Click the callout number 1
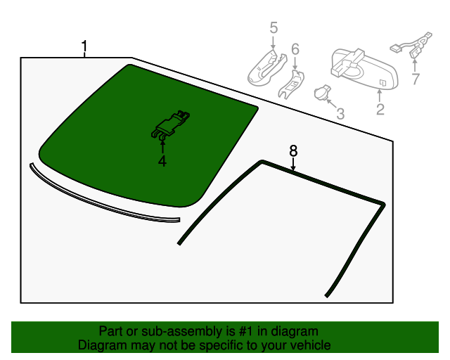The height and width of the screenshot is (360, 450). click(84, 46)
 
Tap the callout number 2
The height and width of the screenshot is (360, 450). click(380, 109)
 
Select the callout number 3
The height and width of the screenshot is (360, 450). click(340, 114)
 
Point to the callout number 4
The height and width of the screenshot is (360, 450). click(162, 161)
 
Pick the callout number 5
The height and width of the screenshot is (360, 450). click(274, 28)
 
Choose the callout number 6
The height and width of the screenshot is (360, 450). click(295, 49)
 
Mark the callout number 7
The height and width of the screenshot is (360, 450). click(416, 79)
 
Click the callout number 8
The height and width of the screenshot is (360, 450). click(293, 150)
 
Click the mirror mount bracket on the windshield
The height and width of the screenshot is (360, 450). click(170, 124)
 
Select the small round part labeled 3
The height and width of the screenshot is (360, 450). click(322, 93)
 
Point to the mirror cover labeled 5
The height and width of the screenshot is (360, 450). click(267, 67)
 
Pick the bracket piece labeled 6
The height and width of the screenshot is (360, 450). click(291, 84)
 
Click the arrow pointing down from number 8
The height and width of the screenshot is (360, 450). click(292, 164)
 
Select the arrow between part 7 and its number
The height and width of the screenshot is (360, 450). click(415, 65)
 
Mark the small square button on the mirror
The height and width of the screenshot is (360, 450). click(382, 83)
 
